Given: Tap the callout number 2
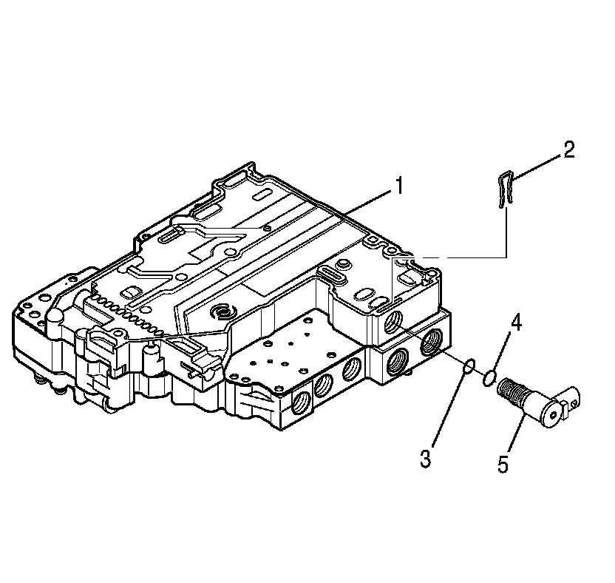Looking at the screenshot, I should tap(567, 150).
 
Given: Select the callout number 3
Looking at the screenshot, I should tap(425, 458).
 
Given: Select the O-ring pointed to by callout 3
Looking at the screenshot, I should tap(468, 365).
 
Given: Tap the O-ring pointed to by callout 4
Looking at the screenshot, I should tap(488, 379).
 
